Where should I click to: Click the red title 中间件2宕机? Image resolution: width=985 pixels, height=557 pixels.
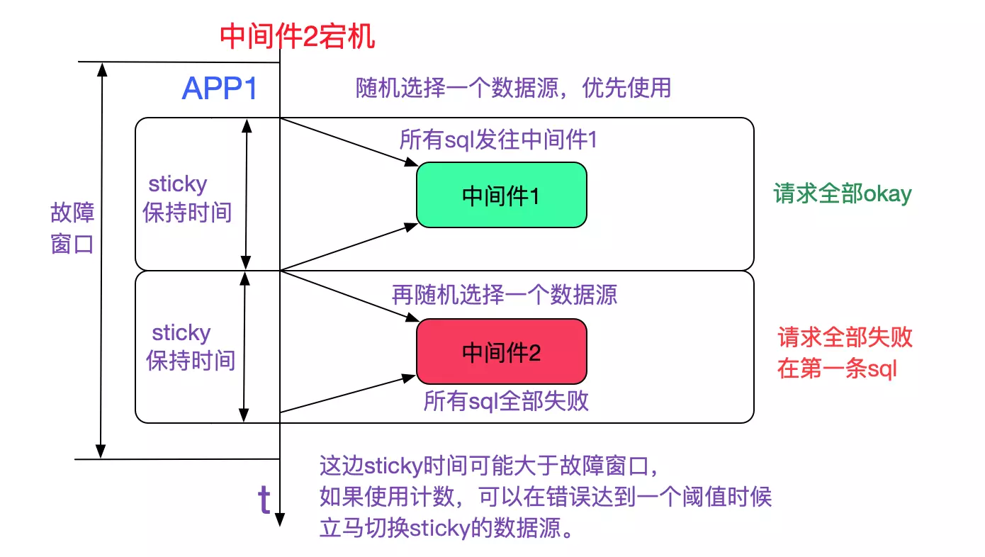[298, 35]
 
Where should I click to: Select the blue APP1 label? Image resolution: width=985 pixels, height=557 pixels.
[219, 89]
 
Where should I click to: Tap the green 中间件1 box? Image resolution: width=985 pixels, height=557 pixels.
[501, 196]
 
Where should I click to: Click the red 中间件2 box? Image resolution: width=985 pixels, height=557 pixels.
[501, 352]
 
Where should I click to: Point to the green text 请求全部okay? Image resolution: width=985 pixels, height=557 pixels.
[843, 194]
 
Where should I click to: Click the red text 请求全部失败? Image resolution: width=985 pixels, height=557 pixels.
[845, 337]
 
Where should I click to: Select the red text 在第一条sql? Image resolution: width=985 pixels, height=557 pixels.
[838, 368]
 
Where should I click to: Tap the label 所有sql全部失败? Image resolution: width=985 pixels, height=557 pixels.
[506, 402]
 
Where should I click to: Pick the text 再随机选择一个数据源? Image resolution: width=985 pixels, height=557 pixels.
[505, 295]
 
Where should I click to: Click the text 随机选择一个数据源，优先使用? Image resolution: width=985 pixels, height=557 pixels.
[512, 88]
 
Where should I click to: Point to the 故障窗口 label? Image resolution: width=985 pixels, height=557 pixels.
[72, 228]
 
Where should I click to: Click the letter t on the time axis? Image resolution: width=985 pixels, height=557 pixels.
[264, 500]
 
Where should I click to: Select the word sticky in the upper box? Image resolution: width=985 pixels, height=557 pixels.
[177, 184]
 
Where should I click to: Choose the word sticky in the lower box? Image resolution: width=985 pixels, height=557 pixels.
[181, 332]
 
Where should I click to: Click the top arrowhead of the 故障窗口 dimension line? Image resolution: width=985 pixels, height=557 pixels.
[102, 69]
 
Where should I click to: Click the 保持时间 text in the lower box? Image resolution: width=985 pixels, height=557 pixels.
[191, 361]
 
